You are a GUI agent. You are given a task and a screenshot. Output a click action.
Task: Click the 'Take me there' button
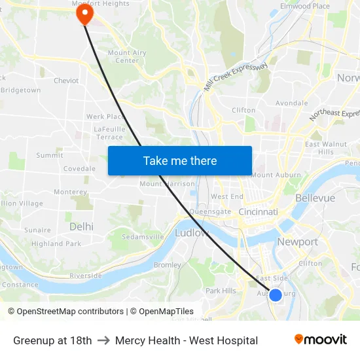[x=180, y=160]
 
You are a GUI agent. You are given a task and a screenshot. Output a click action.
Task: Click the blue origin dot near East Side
[x=276, y=295]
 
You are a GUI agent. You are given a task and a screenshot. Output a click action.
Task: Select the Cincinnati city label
[x=258, y=212]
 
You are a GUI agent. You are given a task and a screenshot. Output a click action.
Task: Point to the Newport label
[x=297, y=242]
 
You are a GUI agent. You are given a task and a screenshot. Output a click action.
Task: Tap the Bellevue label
[x=315, y=198]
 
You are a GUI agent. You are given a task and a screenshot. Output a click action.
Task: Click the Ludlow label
[x=192, y=233]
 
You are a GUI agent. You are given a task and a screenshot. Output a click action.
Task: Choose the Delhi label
[x=81, y=226]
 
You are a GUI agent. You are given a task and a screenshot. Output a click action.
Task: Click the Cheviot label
[x=66, y=81]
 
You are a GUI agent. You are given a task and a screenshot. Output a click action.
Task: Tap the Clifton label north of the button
[x=243, y=110]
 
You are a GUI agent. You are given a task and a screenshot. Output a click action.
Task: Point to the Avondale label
[x=291, y=103]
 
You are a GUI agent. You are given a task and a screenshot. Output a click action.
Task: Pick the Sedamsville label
[x=143, y=236]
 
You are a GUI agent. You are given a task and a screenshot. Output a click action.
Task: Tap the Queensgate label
[x=210, y=211]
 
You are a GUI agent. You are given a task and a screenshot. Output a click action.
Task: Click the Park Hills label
[x=221, y=291]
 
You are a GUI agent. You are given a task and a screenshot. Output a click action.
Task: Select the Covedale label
[x=79, y=168]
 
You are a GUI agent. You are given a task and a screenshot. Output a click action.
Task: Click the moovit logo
[x=320, y=340]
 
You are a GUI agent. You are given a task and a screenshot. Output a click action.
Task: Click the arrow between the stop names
[x=103, y=340]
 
